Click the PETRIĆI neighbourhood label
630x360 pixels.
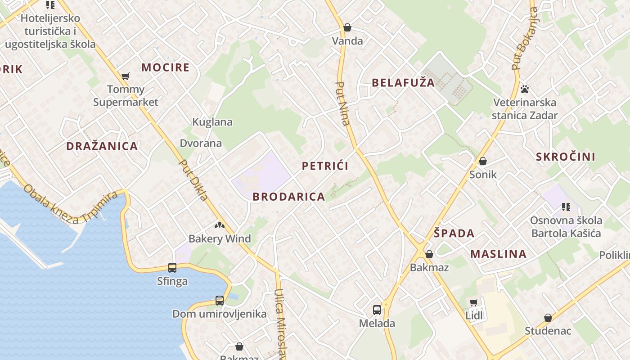325,166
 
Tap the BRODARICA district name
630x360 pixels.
288,197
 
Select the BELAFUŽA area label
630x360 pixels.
403,83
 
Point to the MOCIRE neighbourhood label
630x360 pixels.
165,68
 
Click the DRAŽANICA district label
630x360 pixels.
102,146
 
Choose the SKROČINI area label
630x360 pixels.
565,157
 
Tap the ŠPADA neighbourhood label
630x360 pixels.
454,234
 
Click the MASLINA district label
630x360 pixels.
498,254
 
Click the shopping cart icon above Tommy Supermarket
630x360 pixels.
125,76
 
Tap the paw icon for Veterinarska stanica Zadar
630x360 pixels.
524,89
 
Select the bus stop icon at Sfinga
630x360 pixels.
172,268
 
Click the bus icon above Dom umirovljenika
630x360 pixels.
219,300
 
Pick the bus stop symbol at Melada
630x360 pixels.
377,310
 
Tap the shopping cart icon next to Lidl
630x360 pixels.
473,302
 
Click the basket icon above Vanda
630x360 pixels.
347,27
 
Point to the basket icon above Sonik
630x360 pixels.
483,161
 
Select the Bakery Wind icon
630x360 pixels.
219,225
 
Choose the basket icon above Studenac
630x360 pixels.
548,318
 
